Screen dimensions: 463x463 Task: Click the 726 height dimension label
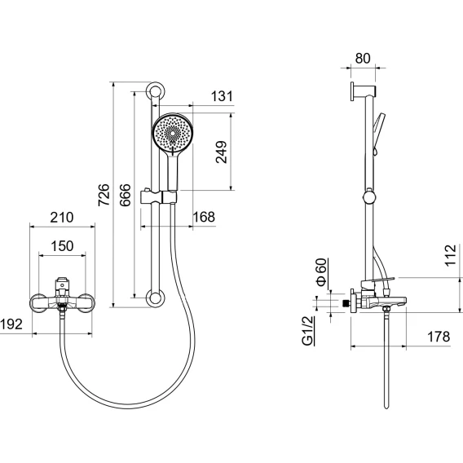[x=104, y=195]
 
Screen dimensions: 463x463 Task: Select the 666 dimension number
[x=126, y=195]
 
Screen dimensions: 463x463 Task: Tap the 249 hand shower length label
[x=222, y=152]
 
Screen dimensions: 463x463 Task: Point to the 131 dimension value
[x=222, y=96]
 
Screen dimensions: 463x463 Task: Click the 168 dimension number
[x=204, y=217]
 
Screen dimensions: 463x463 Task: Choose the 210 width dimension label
[x=62, y=218]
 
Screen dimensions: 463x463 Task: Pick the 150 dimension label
[x=62, y=246]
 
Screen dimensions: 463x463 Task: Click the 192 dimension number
[x=11, y=324]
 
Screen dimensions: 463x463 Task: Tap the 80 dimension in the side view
[x=363, y=59]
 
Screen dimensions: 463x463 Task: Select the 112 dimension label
[x=451, y=255]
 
